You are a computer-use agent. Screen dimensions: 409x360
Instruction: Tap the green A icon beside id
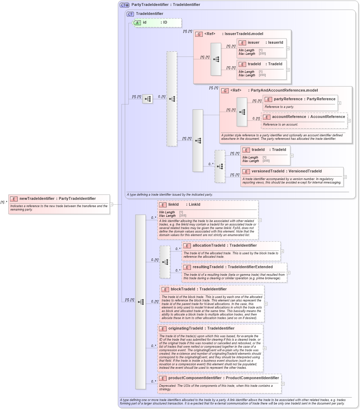(137, 23)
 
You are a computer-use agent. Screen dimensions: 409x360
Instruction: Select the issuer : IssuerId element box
(262, 48)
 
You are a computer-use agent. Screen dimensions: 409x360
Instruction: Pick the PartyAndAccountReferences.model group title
(274, 90)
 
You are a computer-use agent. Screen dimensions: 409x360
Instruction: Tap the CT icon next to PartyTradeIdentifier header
(124, 5)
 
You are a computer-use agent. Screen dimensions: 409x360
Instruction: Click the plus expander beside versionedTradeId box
(345, 177)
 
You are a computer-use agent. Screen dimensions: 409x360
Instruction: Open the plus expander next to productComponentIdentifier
(283, 384)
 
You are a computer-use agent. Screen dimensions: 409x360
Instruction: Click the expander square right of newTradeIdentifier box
(111, 204)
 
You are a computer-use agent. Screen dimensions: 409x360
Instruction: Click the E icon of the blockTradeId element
(165, 289)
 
